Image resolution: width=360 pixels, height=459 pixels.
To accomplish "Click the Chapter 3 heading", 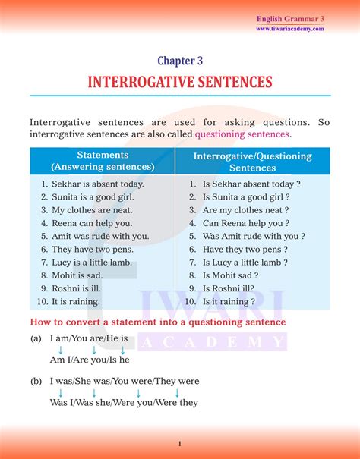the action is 179,61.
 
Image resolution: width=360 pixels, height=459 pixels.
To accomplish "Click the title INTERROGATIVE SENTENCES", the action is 179,82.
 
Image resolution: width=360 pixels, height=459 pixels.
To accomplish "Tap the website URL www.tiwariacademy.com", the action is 289,29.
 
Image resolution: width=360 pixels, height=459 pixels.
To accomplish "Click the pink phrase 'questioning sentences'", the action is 242,134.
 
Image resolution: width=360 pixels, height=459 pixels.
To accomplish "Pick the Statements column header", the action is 102,161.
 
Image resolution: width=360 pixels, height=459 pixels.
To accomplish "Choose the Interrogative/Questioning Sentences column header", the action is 252,162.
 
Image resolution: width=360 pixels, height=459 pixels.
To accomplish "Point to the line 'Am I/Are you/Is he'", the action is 90,360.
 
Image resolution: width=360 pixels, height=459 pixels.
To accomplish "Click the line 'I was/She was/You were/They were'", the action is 125,382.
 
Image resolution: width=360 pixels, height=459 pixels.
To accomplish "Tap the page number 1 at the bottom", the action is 179,443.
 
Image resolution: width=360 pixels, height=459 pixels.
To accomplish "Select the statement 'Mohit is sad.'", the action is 77,275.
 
